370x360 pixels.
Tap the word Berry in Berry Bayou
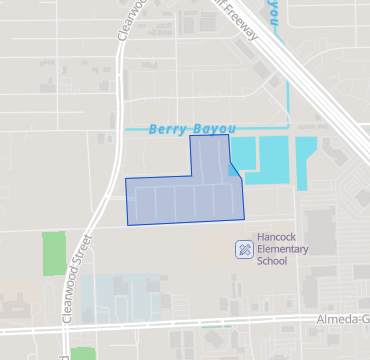167,129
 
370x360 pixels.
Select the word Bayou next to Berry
210,129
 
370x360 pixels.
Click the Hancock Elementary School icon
243,249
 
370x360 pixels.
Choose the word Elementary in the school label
283,249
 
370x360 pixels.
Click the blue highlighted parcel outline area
185,195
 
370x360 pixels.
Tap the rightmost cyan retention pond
306,160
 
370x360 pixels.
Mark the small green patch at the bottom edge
84,353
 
